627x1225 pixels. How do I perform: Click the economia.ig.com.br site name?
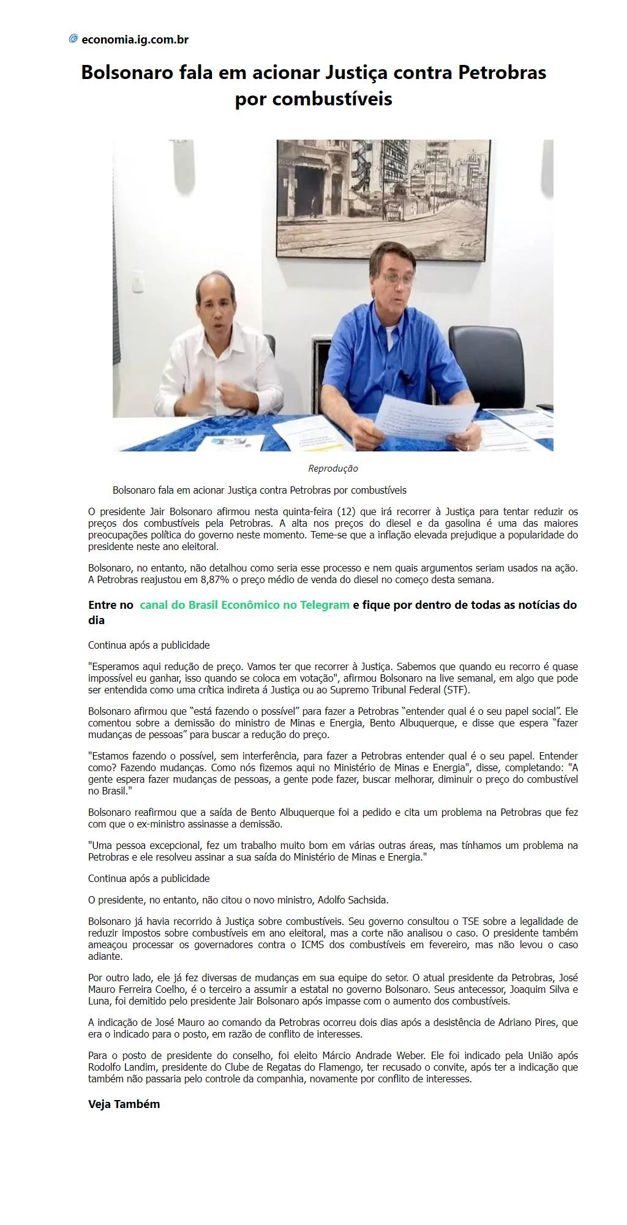(135, 40)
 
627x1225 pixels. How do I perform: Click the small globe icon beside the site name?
(73, 39)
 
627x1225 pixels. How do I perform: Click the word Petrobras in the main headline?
(502, 73)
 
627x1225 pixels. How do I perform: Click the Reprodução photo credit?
(332, 469)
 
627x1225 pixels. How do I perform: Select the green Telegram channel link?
(244, 605)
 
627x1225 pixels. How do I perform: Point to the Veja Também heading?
(124, 1104)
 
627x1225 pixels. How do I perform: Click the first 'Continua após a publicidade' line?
(149, 645)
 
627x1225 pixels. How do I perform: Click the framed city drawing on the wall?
(384, 199)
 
